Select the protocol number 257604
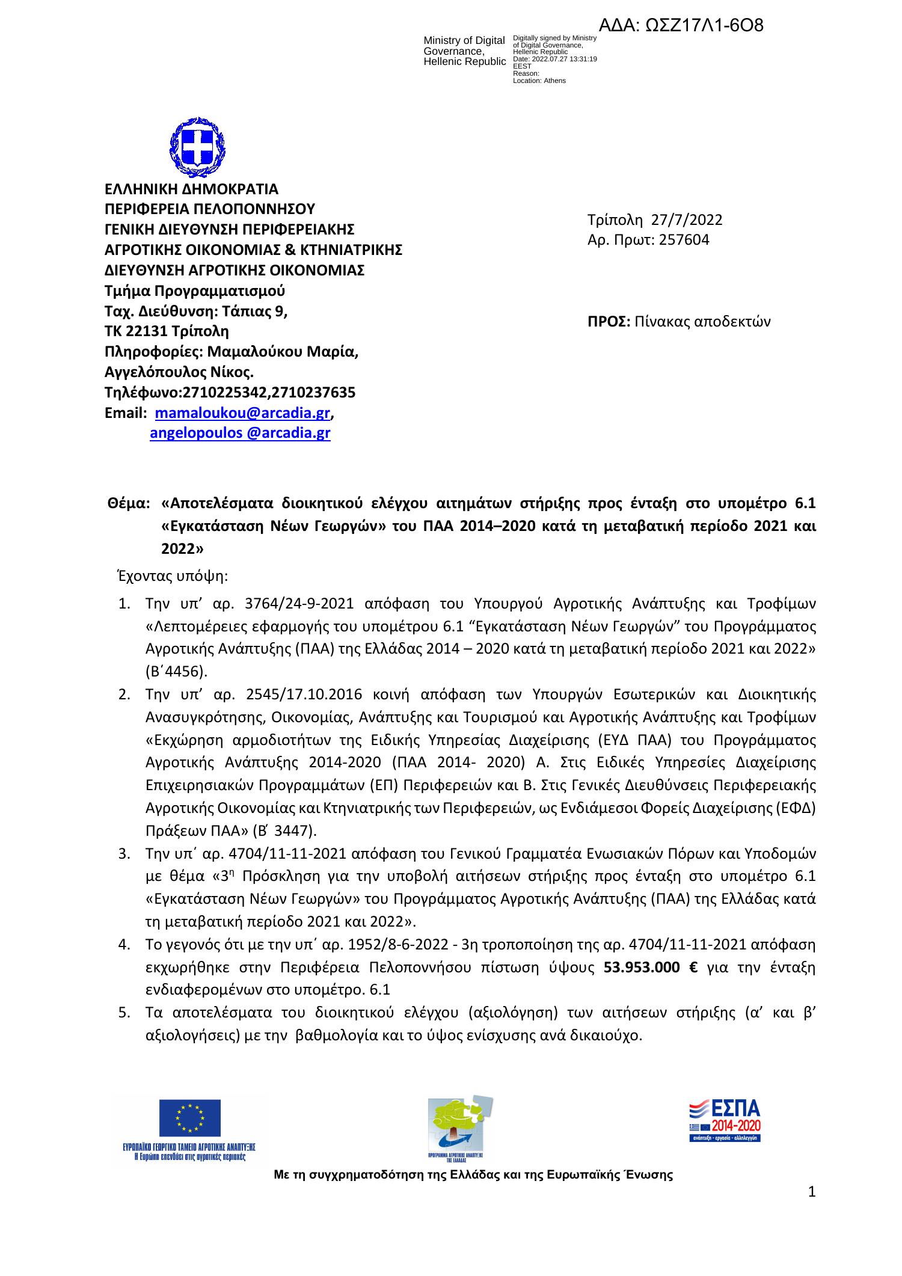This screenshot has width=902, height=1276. pyautogui.click(x=684, y=240)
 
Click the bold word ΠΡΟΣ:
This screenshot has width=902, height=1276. pyautogui.click(x=608, y=322)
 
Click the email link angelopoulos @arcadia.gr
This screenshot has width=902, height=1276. pyautogui.click(x=240, y=433)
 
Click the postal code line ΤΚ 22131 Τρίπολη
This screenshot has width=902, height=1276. pyautogui.click(x=167, y=331)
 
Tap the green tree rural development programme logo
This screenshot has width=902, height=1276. pyautogui.click(x=459, y=1123)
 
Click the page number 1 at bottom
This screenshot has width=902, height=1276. pyautogui.click(x=811, y=1191)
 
